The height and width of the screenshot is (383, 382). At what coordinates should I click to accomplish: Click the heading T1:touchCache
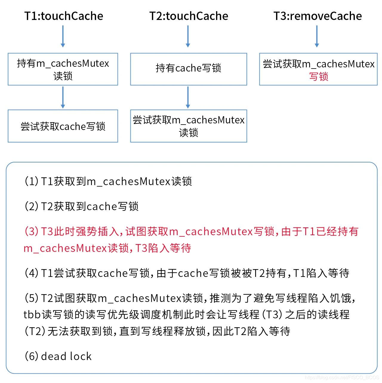(x=64, y=16)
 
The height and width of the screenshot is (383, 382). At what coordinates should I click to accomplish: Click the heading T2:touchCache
(x=189, y=16)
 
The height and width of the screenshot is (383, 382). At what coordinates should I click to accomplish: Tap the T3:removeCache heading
(x=318, y=16)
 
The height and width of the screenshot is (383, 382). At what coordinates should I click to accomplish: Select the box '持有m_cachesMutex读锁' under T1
(x=63, y=69)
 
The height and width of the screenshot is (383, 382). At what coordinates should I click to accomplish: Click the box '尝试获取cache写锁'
(x=63, y=126)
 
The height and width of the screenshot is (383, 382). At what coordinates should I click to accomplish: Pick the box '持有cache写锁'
(x=189, y=69)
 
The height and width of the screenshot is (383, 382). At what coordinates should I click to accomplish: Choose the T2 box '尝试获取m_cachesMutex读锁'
(x=189, y=126)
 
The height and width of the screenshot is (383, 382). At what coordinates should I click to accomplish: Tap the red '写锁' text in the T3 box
(x=318, y=77)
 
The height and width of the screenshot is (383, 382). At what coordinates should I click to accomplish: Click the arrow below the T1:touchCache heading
(x=63, y=36)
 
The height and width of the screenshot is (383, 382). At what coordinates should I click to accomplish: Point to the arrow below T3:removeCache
(x=317, y=36)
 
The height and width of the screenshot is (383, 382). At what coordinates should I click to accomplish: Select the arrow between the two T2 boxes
(x=188, y=97)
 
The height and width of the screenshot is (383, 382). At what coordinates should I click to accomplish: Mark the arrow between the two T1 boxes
(x=63, y=97)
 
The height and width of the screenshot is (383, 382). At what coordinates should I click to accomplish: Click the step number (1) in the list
(x=31, y=181)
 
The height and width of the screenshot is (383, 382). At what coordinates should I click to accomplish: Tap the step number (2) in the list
(x=31, y=206)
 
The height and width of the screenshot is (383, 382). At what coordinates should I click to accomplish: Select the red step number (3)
(x=31, y=231)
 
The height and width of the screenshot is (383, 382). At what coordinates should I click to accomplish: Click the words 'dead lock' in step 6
(x=66, y=356)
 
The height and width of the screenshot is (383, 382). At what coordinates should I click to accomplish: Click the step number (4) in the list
(x=31, y=273)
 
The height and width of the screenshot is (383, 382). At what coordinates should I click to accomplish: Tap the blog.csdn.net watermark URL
(x=342, y=377)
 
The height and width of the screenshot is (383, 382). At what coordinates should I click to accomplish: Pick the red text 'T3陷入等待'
(x=163, y=248)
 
